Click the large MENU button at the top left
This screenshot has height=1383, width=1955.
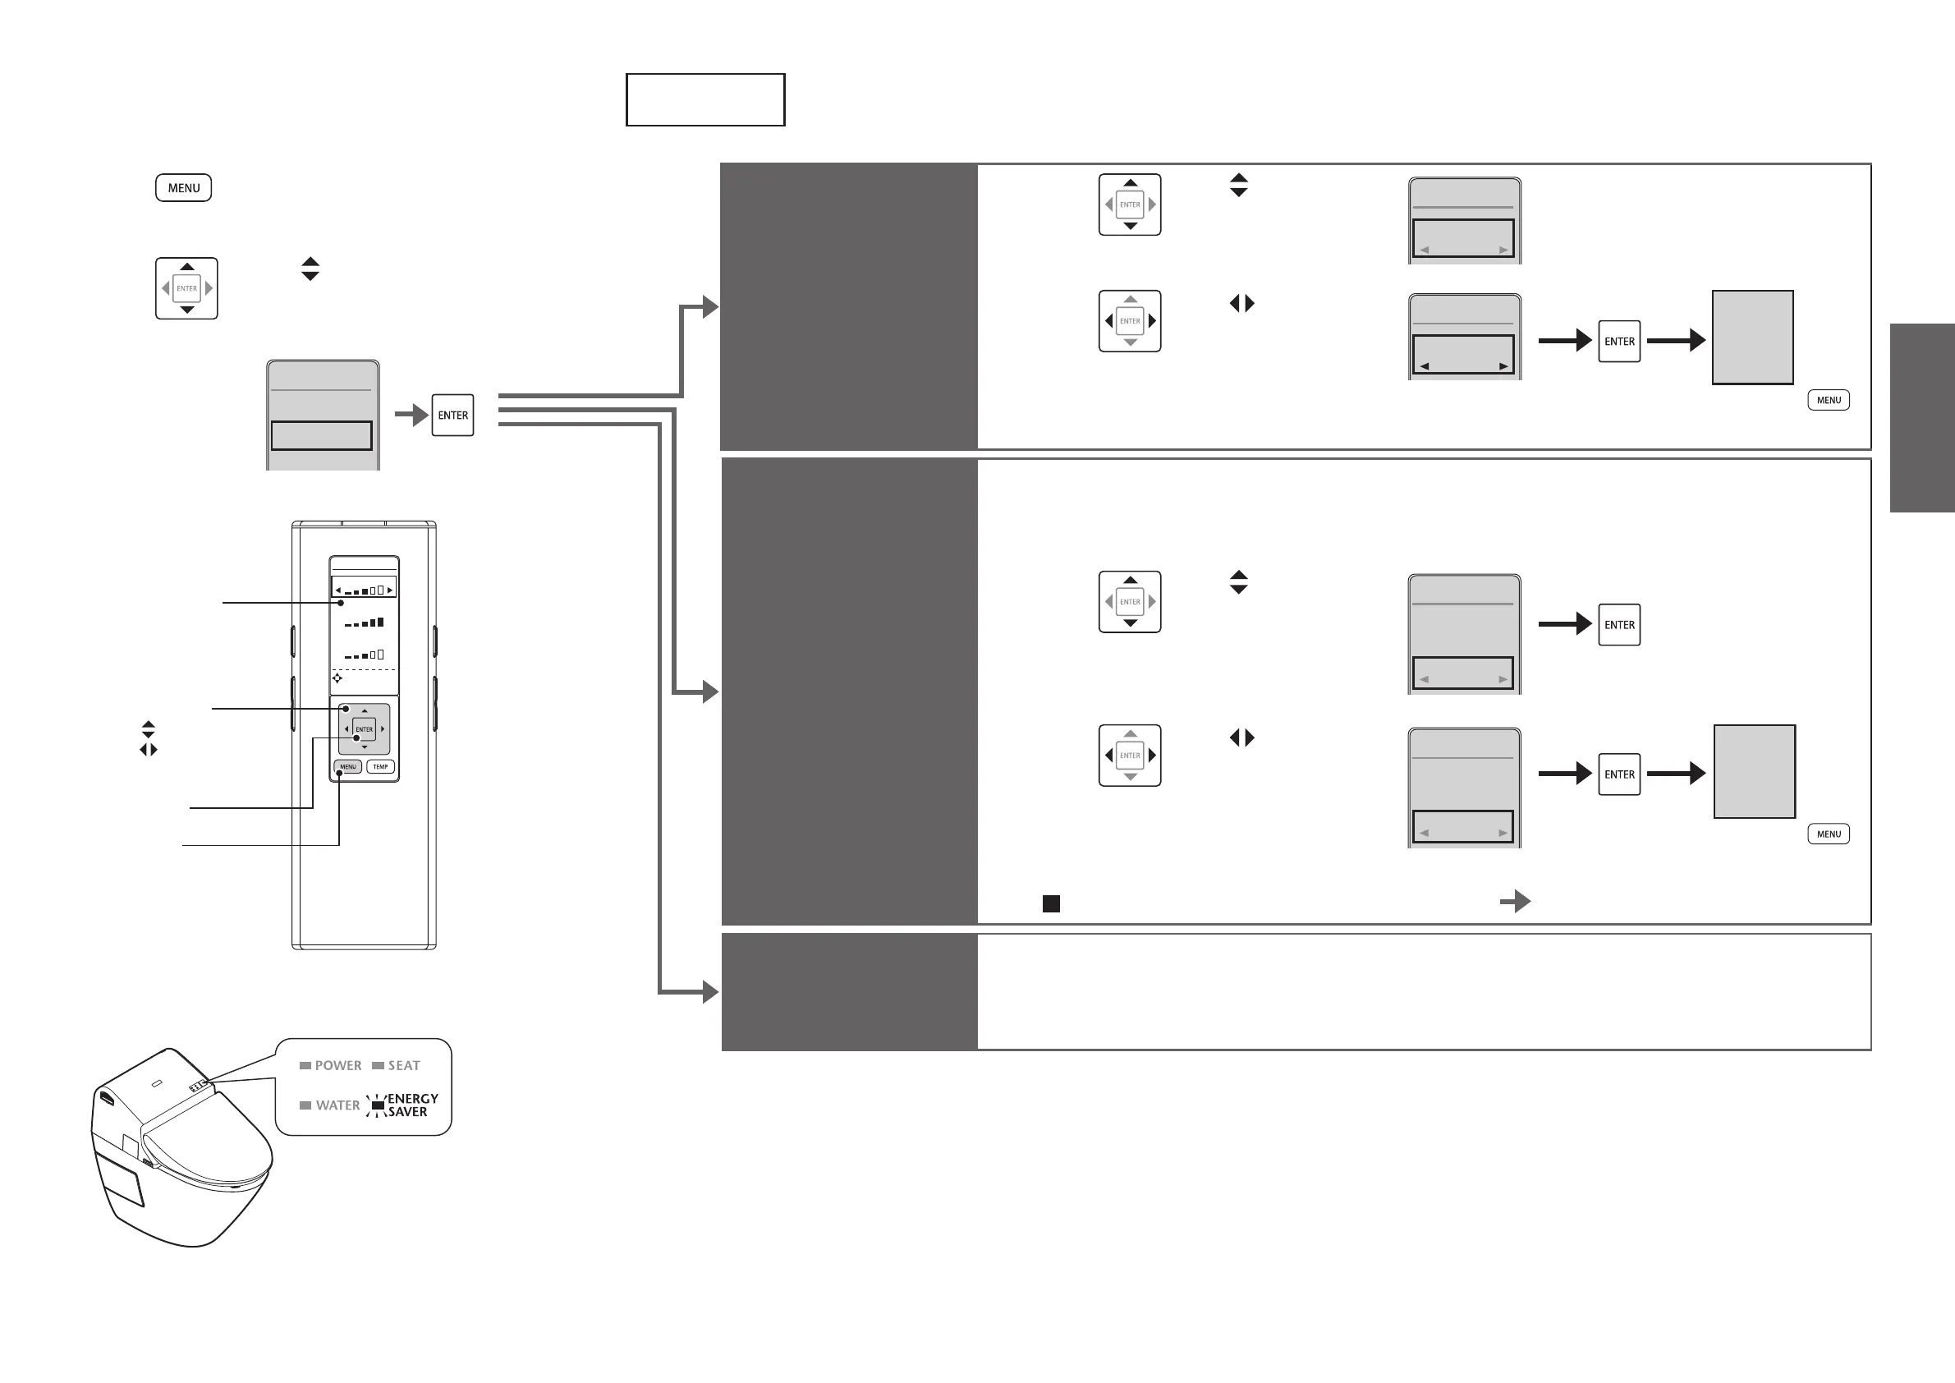pyautogui.click(x=183, y=188)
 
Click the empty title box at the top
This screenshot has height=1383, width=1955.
pyautogui.click(x=705, y=99)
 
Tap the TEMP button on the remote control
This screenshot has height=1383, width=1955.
pyautogui.click(x=381, y=766)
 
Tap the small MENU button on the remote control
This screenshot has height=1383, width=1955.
pyautogui.click(x=347, y=766)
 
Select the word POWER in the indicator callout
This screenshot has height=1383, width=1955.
pyautogui.click(x=338, y=1065)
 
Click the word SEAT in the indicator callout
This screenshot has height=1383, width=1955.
pyautogui.click(x=404, y=1065)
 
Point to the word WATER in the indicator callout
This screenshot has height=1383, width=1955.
pyautogui.click(x=337, y=1105)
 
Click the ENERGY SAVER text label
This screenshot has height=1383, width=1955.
pyautogui.click(x=413, y=1105)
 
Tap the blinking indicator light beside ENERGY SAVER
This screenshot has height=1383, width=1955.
pyautogui.click(x=378, y=1105)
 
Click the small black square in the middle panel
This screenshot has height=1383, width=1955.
pyautogui.click(x=1052, y=903)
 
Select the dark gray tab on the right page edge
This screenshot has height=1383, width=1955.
pyautogui.click(x=1922, y=418)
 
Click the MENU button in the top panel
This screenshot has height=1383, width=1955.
pyautogui.click(x=1828, y=400)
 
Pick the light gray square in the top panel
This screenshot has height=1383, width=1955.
pyautogui.click(x=1752, y=338)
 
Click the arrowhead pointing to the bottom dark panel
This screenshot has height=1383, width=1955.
pyautogui.click(x=710, y=992)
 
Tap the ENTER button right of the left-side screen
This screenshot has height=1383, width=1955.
pyautogui.click(x=453, y=416)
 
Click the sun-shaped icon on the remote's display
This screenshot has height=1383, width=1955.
pyautogui.click(x=337, y=678)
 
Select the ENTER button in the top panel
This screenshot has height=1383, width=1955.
pyautogui.click(x=1618, y=342)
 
